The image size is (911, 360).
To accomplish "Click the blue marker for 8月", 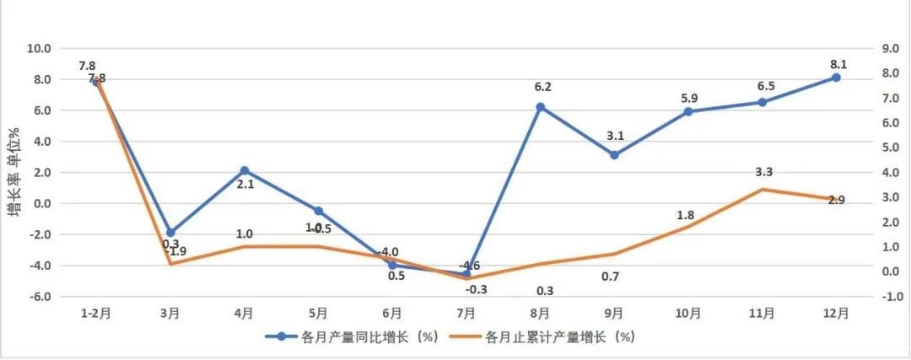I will (x=541, y=107).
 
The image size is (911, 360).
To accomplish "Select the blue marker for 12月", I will (x=836, y=77).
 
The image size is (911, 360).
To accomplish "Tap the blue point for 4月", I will (x=245, y=170).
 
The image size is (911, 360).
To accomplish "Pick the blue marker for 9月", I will (x=614, y=155).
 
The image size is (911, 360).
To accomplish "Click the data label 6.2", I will (x=542, y=86).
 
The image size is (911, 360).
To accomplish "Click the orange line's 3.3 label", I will (x=764, y=173).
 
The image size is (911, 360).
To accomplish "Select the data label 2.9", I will (x=837, y=201).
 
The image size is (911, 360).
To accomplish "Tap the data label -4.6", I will (x=470, y=267).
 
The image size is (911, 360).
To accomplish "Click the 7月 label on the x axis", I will (x=466, y=314).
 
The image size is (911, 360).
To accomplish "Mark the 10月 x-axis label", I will (x=688, y=314).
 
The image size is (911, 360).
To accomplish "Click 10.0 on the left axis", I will (x=39, y=48).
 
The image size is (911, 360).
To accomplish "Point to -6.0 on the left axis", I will (x=39, y=297).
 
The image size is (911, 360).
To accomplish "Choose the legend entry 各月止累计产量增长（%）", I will (x=558, y=336).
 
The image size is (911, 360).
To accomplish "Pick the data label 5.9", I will (x=688, y=98).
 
